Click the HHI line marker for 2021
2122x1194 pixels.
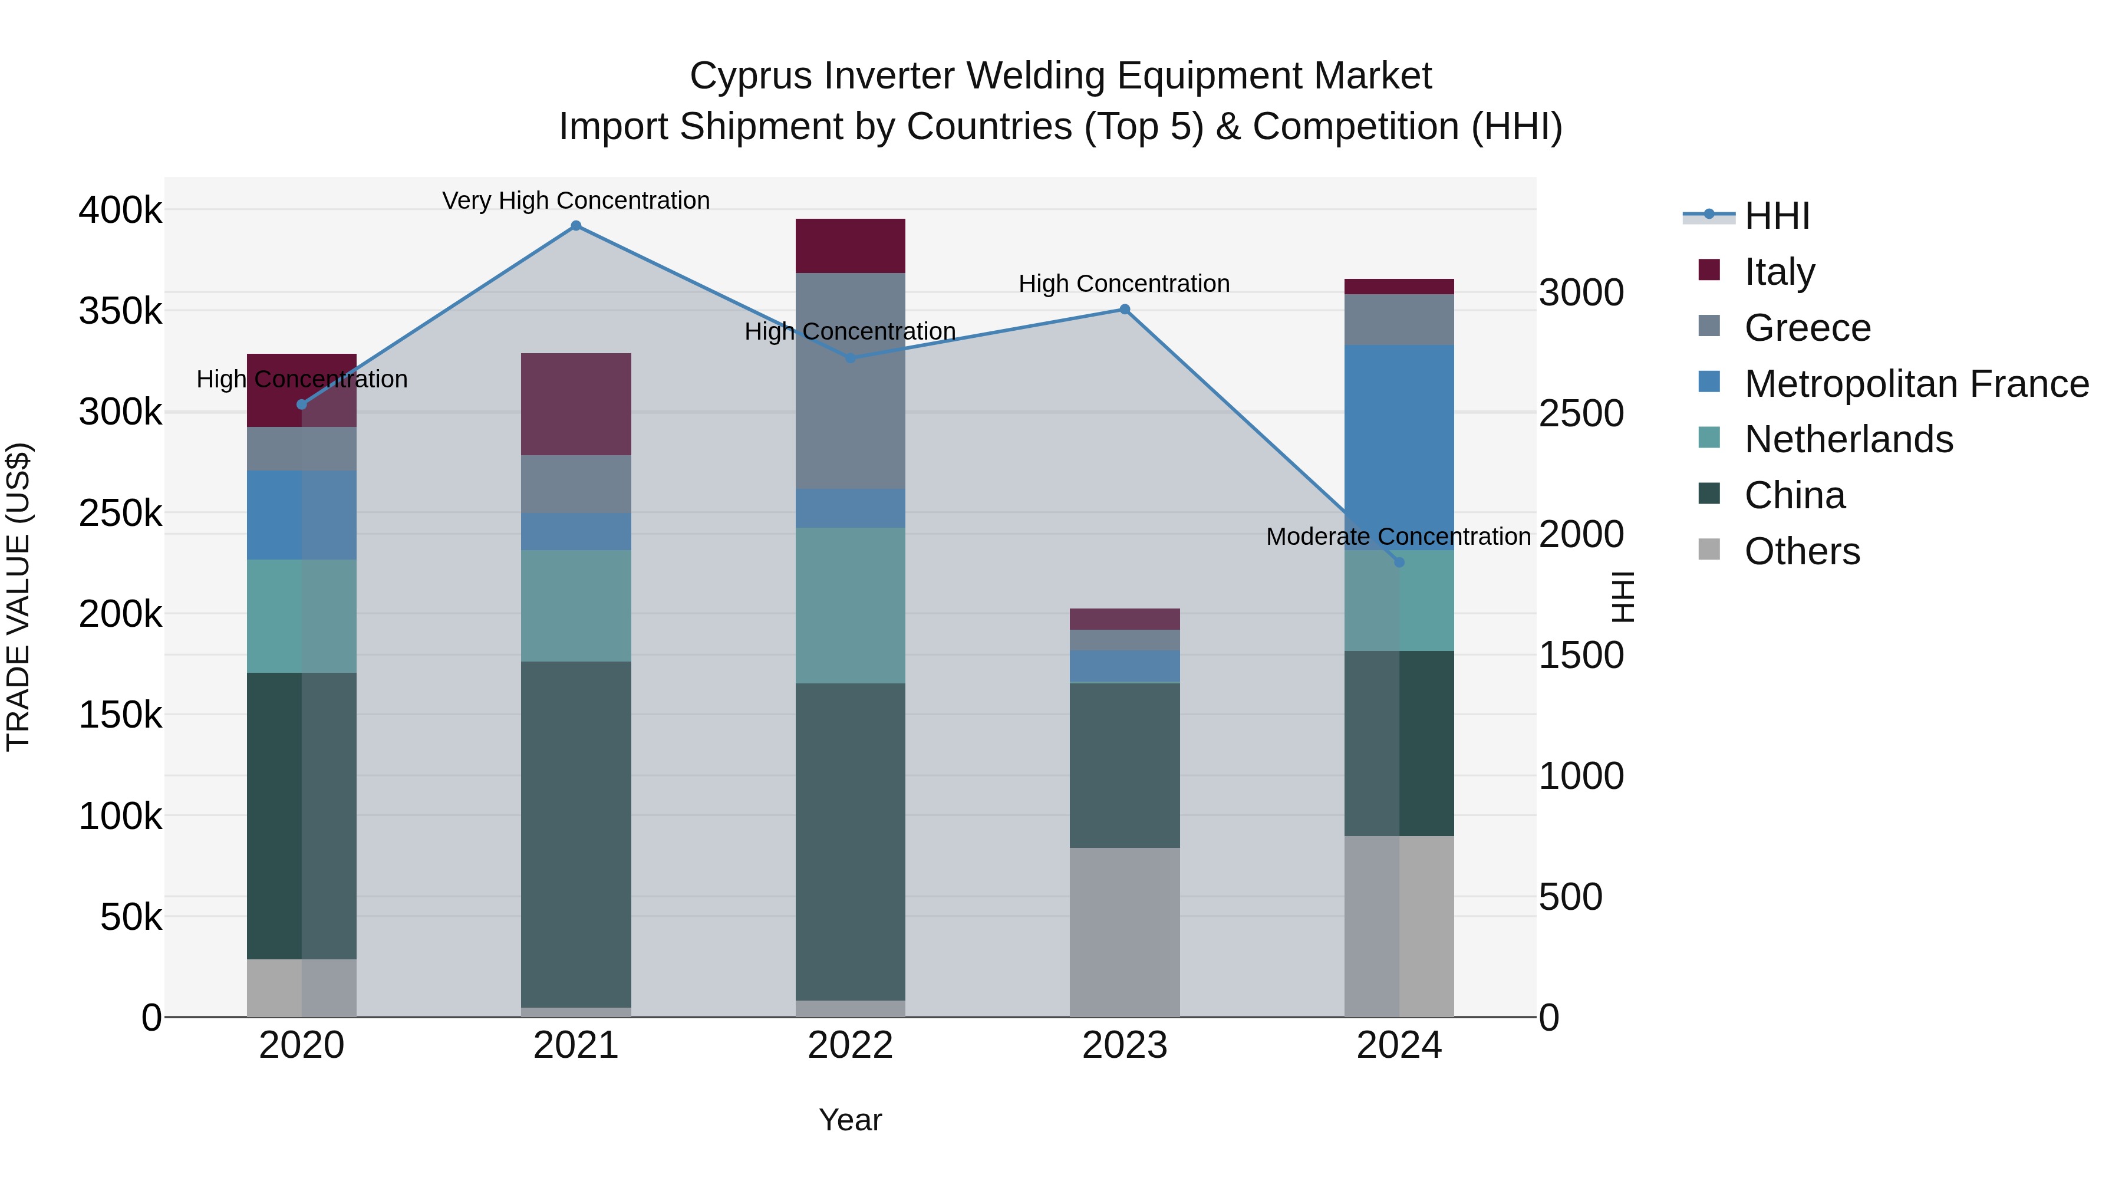[576, 226]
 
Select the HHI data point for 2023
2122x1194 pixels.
[1125, 310]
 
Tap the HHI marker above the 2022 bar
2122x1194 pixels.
[851, 358]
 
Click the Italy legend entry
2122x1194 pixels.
[1780, 271]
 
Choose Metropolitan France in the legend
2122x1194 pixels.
[1916, 383]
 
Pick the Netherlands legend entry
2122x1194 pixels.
[1848, 439]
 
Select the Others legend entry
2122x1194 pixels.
[1801, 551]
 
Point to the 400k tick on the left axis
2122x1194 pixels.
[120, 210]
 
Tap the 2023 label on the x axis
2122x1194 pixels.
[1125, 1045]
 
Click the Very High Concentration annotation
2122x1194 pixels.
[576, 200]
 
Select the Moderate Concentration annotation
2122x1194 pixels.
[1398, 537]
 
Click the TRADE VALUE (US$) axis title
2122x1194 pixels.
[18, 597]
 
